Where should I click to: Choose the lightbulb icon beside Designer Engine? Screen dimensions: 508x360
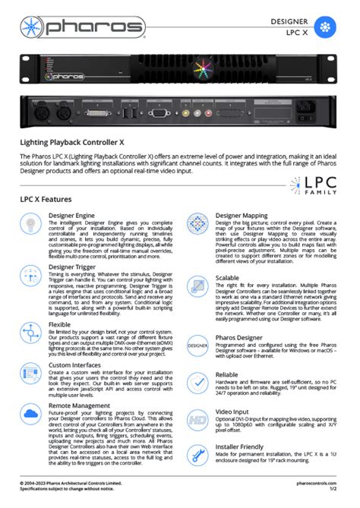(31, 226)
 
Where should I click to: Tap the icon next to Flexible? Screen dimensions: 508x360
(31, 331)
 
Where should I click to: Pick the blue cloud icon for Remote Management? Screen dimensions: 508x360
(31, 415)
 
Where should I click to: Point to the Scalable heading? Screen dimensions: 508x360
(230, 278)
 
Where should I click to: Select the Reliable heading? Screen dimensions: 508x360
(229, 374)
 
